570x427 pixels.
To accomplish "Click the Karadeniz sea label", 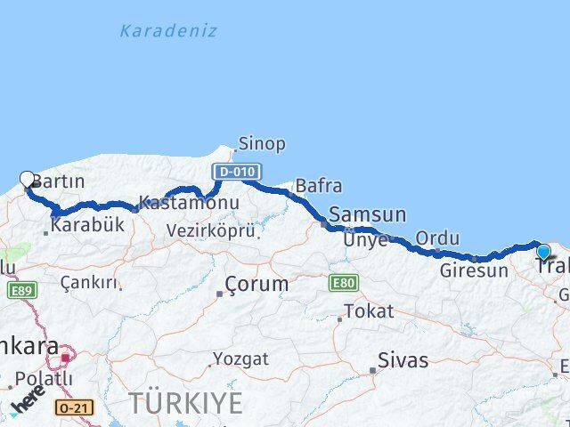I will pos(168,31).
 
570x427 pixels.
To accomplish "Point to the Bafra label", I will pos(318,186).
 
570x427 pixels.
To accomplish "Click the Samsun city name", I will pos(367,214).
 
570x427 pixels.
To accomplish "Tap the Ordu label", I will pos(437,238).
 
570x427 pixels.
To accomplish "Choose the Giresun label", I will pos(473,270).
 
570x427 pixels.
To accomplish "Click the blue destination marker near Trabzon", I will pos(543,252).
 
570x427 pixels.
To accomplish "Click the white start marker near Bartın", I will pos(27,179).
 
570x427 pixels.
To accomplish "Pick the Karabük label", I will pos(87,225).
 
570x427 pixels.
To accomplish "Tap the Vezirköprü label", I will pos(211,230).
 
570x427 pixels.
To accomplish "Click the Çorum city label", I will pos(256,285).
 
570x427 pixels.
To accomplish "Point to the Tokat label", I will pos(368,310).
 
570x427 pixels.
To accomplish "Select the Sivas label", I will pos(403,360).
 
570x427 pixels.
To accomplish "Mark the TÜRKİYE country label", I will pos(185,402).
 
